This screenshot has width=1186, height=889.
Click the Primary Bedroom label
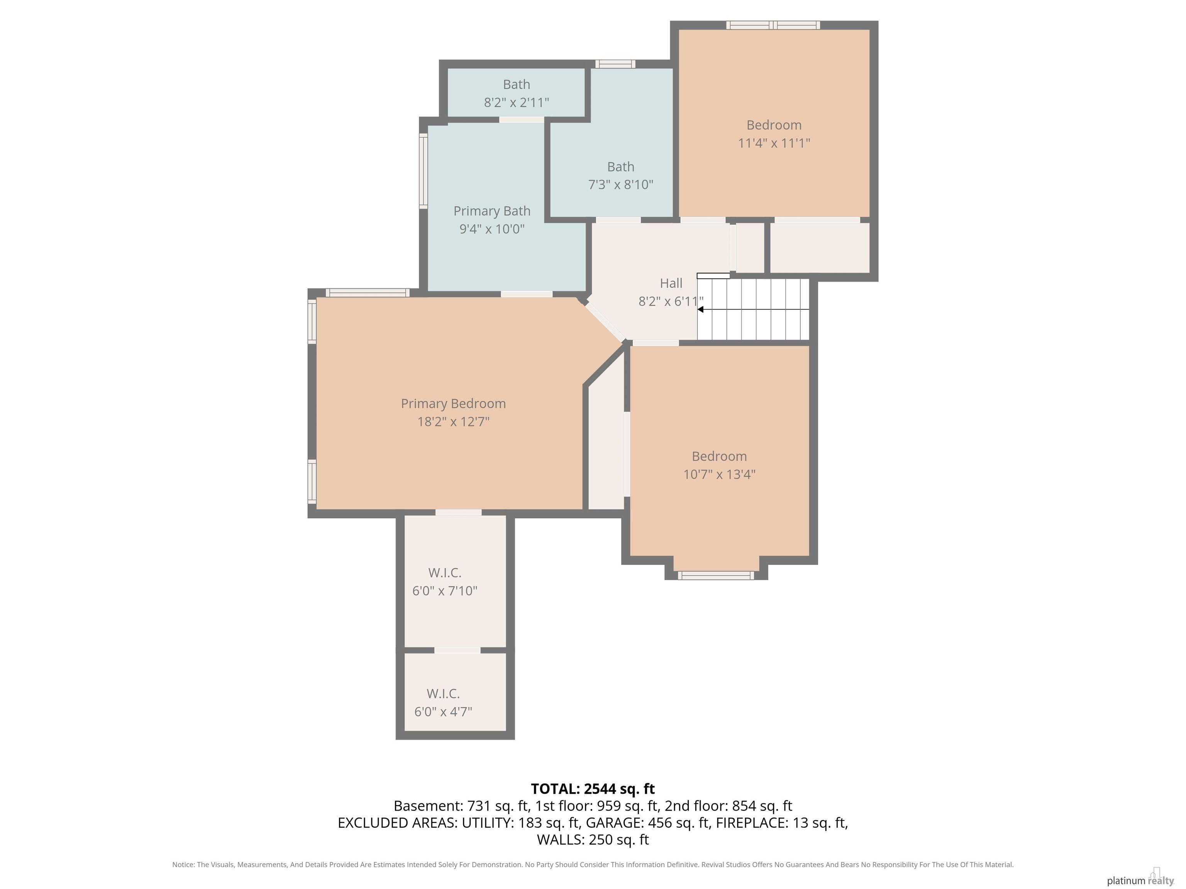pos(453,404)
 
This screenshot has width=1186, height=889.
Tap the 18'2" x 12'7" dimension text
pos(453,422)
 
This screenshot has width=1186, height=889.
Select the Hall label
pos(671,283)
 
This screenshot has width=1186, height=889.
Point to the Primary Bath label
pos(492,211)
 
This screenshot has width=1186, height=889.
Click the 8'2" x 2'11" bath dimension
pos(516,102)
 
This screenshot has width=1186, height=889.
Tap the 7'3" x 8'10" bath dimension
pos(620,185)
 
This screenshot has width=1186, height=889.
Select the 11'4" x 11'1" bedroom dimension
pos(774,143)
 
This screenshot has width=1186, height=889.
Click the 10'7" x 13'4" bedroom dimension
pos(719,474)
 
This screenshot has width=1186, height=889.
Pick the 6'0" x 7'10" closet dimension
pos(444,590)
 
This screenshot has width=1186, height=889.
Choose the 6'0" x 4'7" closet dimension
pos(443,712)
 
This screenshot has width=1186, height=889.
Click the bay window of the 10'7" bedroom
pos(716,576)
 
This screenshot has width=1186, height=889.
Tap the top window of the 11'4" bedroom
pos(773,25)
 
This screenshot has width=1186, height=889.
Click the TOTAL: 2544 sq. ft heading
pos(593,789)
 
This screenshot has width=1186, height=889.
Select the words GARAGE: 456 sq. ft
pos(647,823)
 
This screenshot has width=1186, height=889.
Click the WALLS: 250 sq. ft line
pos(593,840)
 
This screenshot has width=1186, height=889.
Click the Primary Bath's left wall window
pos(423,171)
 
